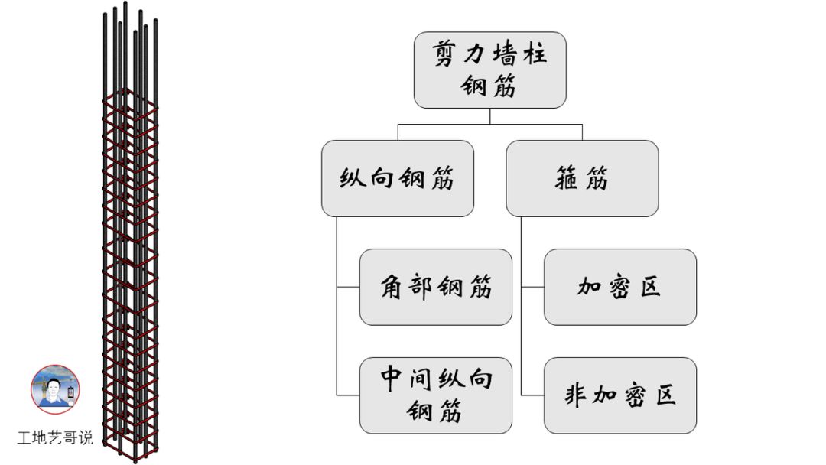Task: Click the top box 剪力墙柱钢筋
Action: tap(489, 70)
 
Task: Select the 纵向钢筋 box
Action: tap(398, 178)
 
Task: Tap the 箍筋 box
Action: tap(582, 178)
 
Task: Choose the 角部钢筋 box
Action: tap(436, 287)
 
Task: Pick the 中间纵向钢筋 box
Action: tap(436, 395)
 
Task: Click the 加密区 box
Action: tap(620, 287)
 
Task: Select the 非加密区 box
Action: tap(620, 395)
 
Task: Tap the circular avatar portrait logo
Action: tap(55, 389)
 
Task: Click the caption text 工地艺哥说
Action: tap(55, 438)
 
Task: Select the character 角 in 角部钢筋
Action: tap(392, 288)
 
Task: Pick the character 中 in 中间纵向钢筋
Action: tap(392, 379)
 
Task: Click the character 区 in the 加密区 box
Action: tap(649, 288)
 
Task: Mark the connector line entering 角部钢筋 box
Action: tap(348, 287)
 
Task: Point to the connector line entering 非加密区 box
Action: tap(532, 395)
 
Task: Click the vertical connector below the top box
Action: tap(489, 115)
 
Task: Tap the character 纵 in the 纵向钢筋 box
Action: tap(351, 179)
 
